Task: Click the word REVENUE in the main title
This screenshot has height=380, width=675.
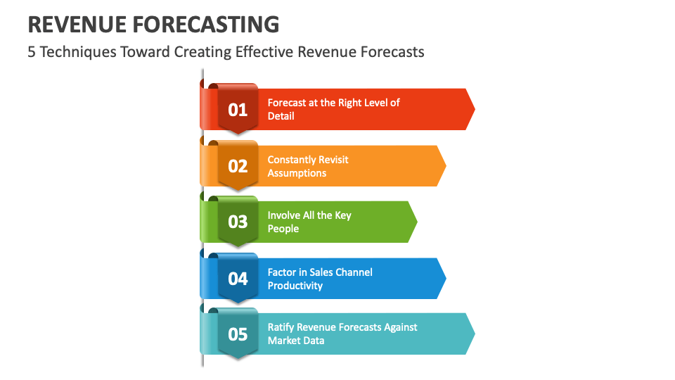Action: (77, 25)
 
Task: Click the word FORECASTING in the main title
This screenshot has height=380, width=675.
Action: (205, 25)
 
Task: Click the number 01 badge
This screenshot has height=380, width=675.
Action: (238, 110)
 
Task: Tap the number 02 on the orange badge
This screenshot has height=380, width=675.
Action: (238, 166)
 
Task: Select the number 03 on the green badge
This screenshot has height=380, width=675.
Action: (238, 222)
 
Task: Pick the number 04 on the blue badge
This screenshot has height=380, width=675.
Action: (238, 279)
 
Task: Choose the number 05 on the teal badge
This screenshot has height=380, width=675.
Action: (238, 334)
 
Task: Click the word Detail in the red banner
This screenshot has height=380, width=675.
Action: (281, 116)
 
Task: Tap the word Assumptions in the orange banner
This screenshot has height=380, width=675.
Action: (297, 173)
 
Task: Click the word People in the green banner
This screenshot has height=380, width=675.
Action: (283, 229)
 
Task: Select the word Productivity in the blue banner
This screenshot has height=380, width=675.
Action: (295, 286)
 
